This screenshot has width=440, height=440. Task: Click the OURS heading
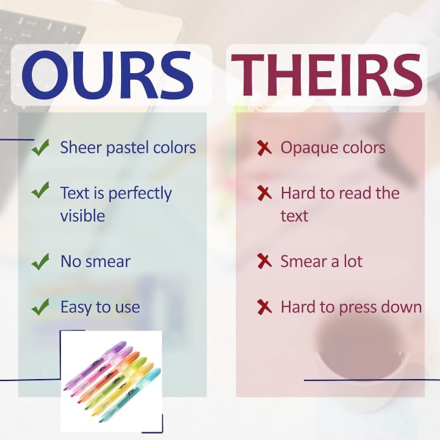[108, 75]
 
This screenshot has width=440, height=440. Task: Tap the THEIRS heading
[327, 75]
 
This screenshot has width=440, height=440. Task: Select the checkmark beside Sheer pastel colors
[40, 147]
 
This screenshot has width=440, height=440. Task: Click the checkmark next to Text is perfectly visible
[40, 190]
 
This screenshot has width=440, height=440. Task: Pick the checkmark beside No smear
[40, 262]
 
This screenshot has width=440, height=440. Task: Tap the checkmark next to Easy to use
[40, 307]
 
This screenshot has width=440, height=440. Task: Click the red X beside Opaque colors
[264, 148]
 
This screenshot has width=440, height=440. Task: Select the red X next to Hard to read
[264, 193]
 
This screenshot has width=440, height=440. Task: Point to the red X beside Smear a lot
[264, 261]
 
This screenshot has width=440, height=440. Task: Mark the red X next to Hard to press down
[264, 307]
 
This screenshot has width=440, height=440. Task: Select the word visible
[83, 216]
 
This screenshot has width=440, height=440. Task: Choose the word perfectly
[140, 194]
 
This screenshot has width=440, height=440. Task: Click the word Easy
[76, 307]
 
